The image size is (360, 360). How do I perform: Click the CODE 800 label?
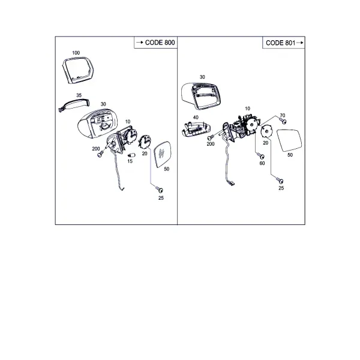click(x=160, y=43)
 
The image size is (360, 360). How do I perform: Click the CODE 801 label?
click(x=280, y=43)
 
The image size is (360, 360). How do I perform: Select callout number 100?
click(x=76, y=53)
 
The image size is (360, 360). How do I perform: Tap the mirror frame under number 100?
click(x=77, y=70)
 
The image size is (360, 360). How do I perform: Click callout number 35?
click(x=79, y=95)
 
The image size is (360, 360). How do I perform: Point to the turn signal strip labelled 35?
click(x=74, y=105)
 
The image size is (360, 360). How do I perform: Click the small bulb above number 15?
click(x=131, y=155)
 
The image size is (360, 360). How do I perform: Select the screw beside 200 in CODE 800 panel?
click(x=101, y=154)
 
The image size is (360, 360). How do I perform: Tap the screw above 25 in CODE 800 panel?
click(x=160, y=190)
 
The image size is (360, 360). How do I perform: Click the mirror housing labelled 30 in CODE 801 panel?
click(x=201, y=95)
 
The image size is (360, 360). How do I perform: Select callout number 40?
click(x=196, y=118)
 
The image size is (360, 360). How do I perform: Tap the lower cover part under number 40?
click(x=197, y=129)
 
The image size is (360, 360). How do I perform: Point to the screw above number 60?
click(x=260, y=155)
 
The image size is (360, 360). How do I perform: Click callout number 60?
click(x=262, y=163)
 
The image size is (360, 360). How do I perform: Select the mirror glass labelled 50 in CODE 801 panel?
click(x=290, y=140)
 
